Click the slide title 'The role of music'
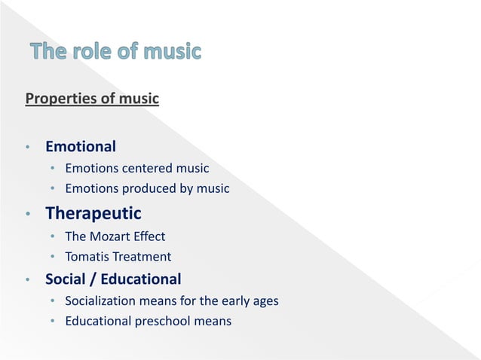(116, 52)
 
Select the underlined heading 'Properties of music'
(92, 99)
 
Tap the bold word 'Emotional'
(81, 145)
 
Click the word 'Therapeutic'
(93, 214)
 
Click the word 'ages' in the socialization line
(265, 301)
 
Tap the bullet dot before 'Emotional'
(27, 147)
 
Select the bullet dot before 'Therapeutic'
(27, 215)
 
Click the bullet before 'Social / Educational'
(27, 281)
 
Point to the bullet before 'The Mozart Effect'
(53, 237)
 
